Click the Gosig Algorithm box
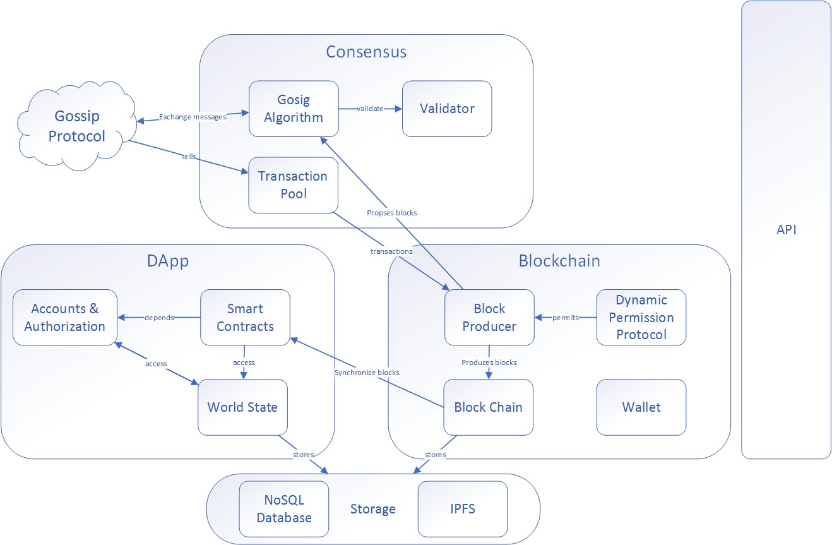click(x=294, y=109)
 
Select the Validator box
click(x=447, y=109)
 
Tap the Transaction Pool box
click(x=293, y=185)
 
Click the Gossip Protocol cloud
click(x=77, y=126)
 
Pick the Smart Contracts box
click(x=245, y=317)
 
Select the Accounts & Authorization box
click(x=65, y=317)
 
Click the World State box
click(x=242, y=407)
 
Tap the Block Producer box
click(x=489, y=317)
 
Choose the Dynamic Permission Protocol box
click(x=641, y=317)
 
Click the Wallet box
click(x=641, y=407)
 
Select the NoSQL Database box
click(x=284, y=509)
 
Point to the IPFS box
click(x=463, y=509)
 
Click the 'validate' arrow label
click(x=370, y=109)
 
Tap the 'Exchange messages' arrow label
click(x=193, y=117)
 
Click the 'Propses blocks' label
click(x=392, y=213)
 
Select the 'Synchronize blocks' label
click(x=367, y=373)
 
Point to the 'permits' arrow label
click(x=566, y=318)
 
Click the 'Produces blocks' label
click(x=489, y=362)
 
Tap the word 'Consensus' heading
click(x=366, y=52)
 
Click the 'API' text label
click(x=787, y=230)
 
